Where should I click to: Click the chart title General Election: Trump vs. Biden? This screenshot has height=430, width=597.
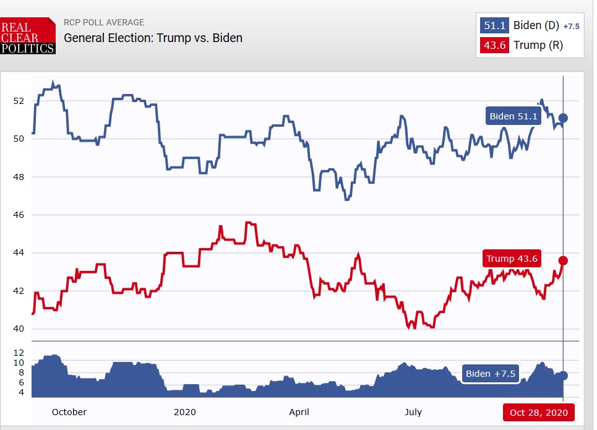153,38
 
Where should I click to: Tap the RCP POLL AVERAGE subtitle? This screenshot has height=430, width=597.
104,23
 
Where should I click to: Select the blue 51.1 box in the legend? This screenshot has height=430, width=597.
494,25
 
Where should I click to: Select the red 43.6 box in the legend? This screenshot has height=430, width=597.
494,45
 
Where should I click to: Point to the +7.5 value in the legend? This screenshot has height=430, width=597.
571,26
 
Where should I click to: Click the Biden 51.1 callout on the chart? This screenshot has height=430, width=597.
513,116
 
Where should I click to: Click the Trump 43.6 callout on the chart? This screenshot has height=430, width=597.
512,259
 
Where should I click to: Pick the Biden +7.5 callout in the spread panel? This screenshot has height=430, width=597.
490,374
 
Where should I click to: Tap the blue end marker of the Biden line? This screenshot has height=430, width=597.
563,118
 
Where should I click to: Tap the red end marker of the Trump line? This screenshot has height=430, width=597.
563,260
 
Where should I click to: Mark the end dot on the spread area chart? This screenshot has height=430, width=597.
563,376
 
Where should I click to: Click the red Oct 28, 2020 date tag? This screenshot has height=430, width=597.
538,412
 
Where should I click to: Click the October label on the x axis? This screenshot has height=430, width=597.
69,412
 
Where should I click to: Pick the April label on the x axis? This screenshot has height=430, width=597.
299,412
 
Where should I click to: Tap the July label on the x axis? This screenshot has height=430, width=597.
413,412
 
